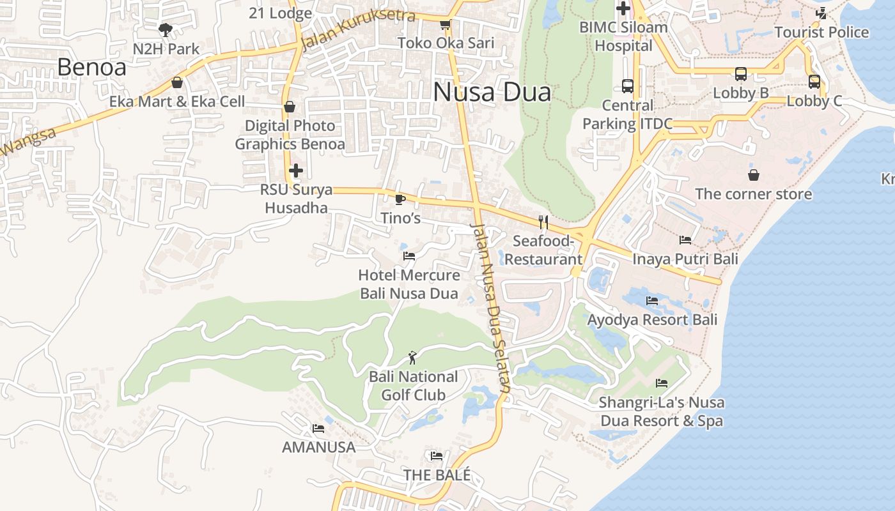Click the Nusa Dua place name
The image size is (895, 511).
tap(492, 93)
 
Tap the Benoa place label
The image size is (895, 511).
tap(91, 67)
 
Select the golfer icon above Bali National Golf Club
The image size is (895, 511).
tap(413, 358)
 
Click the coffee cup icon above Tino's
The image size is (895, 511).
tap(400, 199)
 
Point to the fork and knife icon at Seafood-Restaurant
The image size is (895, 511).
tap(543, 222)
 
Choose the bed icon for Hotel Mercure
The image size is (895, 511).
tap(409, 256)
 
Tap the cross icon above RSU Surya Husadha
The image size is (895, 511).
tap(295, 171)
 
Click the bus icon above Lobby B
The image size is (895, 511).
tap(740, 74)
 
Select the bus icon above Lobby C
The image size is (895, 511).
tap(814, 82)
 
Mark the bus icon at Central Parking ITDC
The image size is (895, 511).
tap(627, 86)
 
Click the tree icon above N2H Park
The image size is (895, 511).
tap(166, 29)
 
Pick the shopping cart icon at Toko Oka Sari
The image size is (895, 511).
tap(446, 24)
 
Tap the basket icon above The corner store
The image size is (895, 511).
tap(754, 175)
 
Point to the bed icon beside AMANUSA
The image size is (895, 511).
tap(318, 428)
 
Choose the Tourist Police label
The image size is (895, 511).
tap(821, 32)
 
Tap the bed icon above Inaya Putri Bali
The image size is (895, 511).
tap(685, 240)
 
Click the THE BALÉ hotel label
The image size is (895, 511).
tap(437, 475)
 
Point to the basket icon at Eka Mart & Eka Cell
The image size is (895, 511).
tap(177, 82)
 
